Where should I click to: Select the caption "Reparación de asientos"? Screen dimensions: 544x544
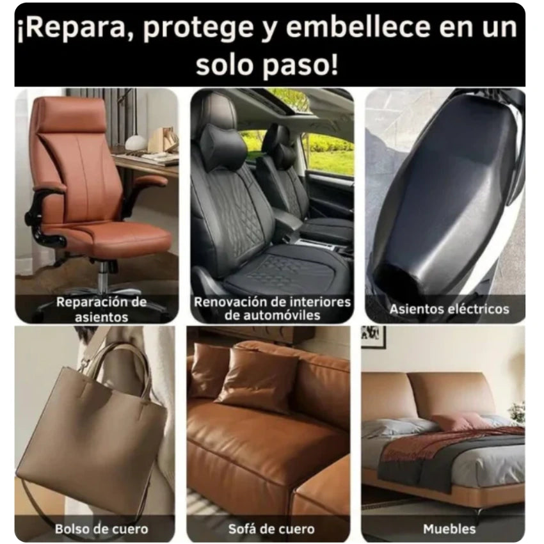coord(101,309)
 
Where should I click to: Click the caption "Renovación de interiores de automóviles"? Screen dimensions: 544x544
coord(272,308)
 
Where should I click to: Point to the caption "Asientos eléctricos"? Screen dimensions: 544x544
coord(449,309)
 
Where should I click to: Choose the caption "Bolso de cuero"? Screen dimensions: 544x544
coord(101,529)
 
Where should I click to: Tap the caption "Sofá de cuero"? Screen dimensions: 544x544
coord(271,529)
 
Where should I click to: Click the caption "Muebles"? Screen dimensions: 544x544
coord(449,529)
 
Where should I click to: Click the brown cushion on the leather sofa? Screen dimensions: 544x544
coord(256,378)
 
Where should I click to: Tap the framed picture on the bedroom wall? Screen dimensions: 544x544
coord(373,337)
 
